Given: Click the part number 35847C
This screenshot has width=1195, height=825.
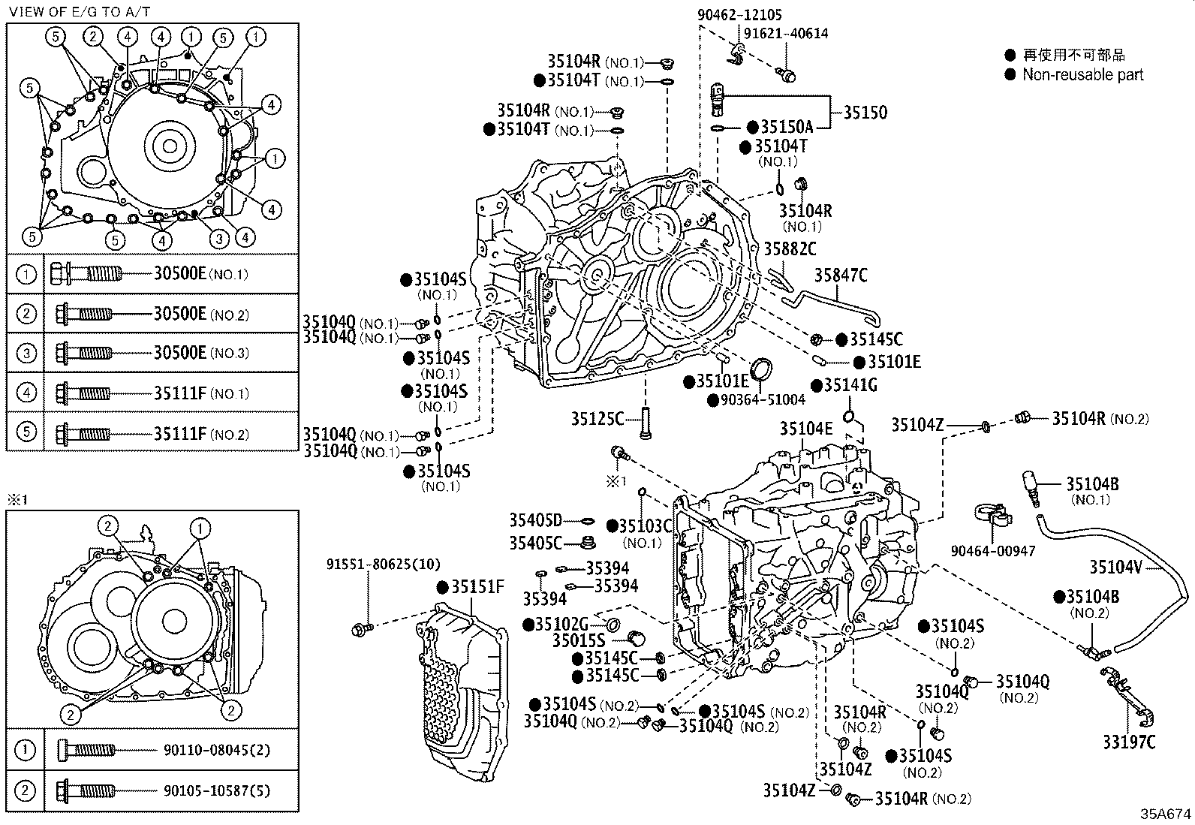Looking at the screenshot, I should pyautogui.click(x=841, y=276).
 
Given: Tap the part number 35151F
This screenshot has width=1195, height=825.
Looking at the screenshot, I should pyautogui.click(x=477, y=586).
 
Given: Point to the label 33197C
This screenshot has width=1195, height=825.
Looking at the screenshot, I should pyautogui.click(x=1129, y=742).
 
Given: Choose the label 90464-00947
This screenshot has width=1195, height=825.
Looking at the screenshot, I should pyautogui.click(x=992, y=551).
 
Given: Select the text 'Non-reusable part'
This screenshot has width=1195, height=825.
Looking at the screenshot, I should pyautogui.click(x=1083, y=74).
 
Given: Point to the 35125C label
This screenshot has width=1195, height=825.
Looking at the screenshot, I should pyautogui.click(x=597, y=419).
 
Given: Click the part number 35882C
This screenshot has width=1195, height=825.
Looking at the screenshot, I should pyautogui.click(x=790, y=248).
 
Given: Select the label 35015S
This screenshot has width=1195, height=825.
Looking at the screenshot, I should pyautogui.click(x=578, y=640).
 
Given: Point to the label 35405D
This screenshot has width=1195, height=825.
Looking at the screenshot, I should pyautogui.click(x=535, y=521).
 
